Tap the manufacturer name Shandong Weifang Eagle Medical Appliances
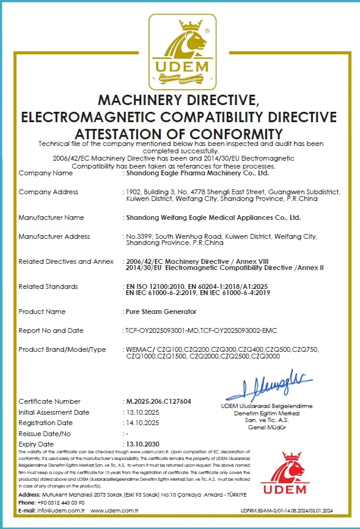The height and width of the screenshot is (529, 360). tap(212, 217)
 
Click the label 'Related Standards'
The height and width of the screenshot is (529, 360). tap(48, 286)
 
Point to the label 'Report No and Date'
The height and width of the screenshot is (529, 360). tap(51, 330)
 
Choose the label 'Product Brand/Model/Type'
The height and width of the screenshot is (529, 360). tap(62, 349)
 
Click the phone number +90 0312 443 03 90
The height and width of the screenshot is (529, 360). tap(59, 502)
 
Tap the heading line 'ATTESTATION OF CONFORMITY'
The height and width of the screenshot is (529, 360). tap(179, 133)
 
